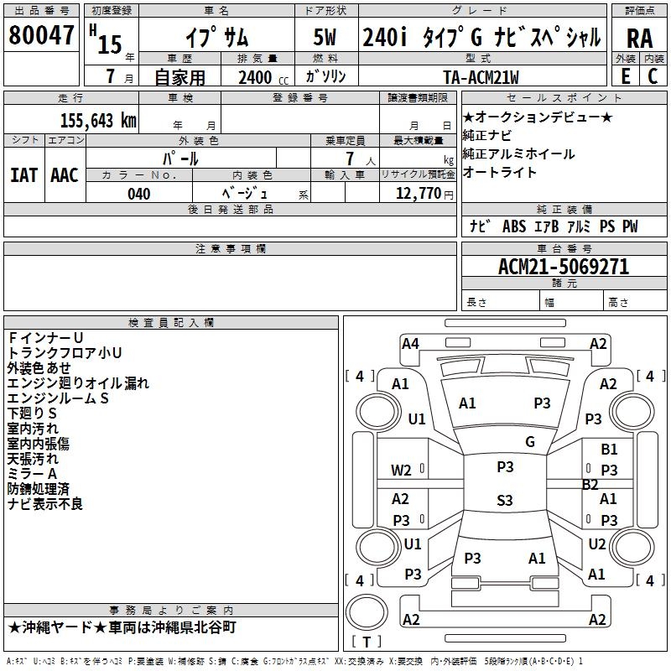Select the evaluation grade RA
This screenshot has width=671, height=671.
coord(639,39)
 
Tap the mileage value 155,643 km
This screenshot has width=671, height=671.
coord(98,121)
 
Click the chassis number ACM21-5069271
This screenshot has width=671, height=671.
coord(564,268)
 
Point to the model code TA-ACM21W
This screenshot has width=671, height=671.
coord(481,77)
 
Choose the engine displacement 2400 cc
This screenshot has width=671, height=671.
coord(255,78)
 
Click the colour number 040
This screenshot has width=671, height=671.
coord(138,194)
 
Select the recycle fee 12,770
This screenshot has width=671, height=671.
coord(417,194)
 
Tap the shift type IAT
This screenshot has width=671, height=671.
coord(23,174)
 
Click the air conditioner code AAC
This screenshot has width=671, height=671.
coord(64,174)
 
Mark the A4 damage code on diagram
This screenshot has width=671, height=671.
coord(410,343)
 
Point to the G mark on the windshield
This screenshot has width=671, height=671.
coord(530,442)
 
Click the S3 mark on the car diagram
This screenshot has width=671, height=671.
coord(504,501)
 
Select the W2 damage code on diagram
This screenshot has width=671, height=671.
coord(401,471)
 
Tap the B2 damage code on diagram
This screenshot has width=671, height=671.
coord(590,484)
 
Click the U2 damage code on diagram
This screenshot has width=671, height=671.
coord(597,544)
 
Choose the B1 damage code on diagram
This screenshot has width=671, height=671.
coord(609,450)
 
